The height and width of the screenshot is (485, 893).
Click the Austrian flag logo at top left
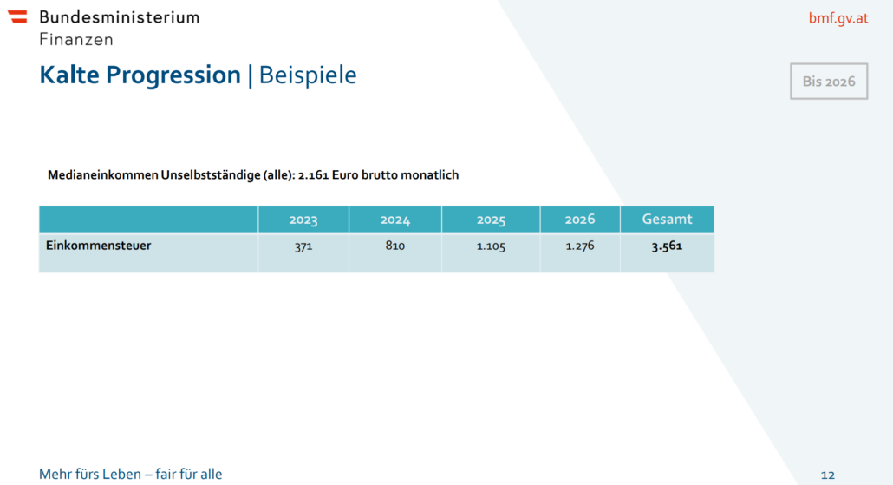coord(17,16)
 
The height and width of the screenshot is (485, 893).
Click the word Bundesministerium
coord(119,16)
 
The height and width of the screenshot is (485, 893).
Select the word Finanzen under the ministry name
coord(75,39)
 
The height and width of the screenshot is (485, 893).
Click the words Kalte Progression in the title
coord(140,75)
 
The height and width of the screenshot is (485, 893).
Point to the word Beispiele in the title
coord(308,75)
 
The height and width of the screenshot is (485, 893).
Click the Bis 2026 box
coord(828,82)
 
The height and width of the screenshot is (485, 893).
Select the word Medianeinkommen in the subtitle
coord(103,175)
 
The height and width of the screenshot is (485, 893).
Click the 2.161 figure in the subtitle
coord(312,175)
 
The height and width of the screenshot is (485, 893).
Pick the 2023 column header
coord(303,220)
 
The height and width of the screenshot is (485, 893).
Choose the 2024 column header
coord(395,220)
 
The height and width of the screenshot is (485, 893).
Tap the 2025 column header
coord(491,220)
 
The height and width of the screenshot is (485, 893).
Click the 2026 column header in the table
coord(580,220)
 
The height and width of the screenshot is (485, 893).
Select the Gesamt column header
coord(667,220)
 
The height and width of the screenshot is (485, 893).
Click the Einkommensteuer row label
coord(98,246)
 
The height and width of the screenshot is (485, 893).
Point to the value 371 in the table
coord(303,246)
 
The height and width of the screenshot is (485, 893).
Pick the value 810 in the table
coord(395,246)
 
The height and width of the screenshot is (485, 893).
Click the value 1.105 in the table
coord(491,246)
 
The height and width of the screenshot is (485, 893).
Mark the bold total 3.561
coord(667,246)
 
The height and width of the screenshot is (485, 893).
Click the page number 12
coord(827,475)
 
